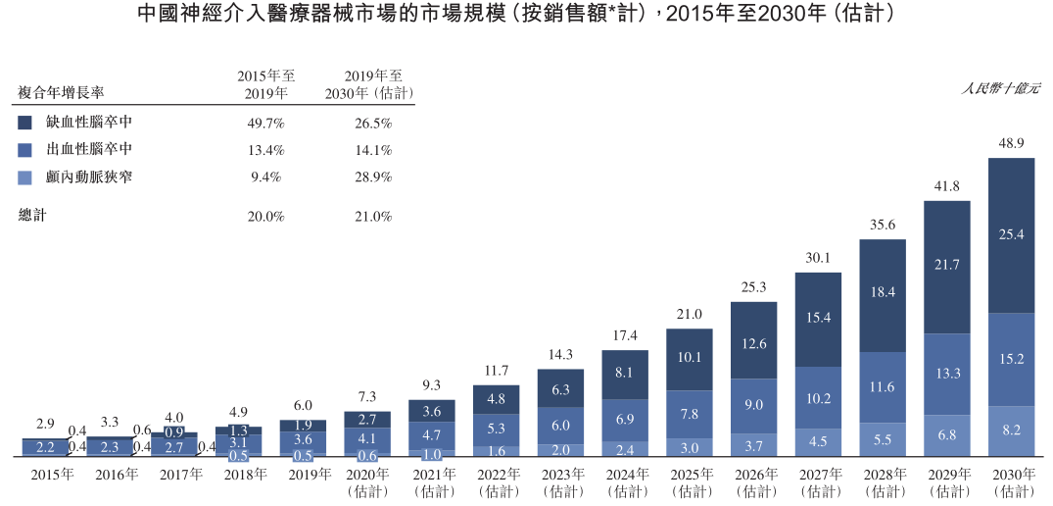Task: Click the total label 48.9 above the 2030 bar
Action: pos(1011,144)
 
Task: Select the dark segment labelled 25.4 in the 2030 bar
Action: pos(1011,235)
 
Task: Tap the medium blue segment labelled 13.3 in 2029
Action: pos(947,373)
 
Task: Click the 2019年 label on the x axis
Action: pos(309,475)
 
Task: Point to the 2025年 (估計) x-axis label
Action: pos(690,481)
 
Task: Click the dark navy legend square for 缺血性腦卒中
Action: pos(25,123)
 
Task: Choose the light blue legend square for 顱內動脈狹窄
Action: pos(25,177)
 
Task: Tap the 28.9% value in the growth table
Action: pos(374,177)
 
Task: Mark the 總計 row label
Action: pos(32,216)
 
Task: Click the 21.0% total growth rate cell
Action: pos(374,216)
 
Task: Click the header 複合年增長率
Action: pos(61,93)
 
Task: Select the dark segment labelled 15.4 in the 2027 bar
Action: pos(818,318)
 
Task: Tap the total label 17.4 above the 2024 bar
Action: pos(625,336)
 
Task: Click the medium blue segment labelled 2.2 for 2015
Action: pos(45,447)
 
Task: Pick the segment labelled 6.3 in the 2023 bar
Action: pos(560,389)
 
